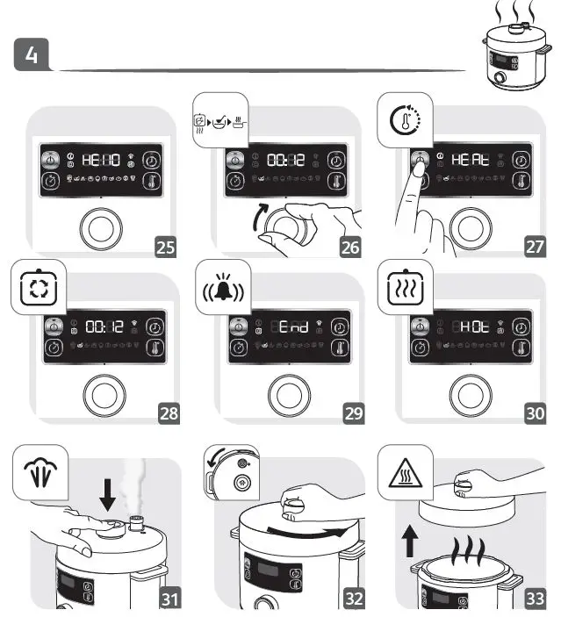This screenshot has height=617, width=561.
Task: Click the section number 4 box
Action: tap(32, 54)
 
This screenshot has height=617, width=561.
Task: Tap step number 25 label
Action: tap(163, 247)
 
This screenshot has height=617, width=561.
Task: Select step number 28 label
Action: tap(163, 413)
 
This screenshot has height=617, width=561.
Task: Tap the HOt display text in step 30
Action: tap(470, 327)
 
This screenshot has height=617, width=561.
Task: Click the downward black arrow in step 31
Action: tap(108, 494)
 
